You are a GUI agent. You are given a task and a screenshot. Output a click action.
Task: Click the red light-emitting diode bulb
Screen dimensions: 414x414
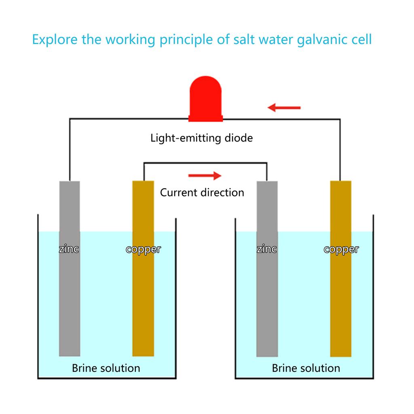click(x=206, y=99)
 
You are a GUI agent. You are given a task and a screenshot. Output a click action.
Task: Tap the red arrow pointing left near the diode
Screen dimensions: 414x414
click(x=284, y=108)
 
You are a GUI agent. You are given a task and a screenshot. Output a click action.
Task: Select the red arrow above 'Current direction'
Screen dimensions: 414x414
click(x=205, y=175)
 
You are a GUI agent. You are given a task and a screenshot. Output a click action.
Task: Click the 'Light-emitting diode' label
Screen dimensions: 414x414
click(x=201, y=138)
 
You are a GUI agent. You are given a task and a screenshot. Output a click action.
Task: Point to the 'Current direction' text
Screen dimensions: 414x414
click(x=202, y=192)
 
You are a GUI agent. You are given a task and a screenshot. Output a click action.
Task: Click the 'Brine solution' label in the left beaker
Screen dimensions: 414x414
click(x=106, y=368)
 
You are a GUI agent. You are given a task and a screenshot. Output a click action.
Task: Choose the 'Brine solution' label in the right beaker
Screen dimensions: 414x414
click(x=306, y=368)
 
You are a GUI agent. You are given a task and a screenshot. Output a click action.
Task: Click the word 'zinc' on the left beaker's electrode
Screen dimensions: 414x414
click(x=69, y=249)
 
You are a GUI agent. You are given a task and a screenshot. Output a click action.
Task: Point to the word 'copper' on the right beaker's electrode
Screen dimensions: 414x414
click(x=341, y=249)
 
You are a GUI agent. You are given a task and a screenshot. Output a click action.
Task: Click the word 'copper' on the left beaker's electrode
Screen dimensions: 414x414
click(x=143, y=249)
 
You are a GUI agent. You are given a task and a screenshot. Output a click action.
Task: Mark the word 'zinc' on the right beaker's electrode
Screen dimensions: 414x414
click(x=267, y=249)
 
